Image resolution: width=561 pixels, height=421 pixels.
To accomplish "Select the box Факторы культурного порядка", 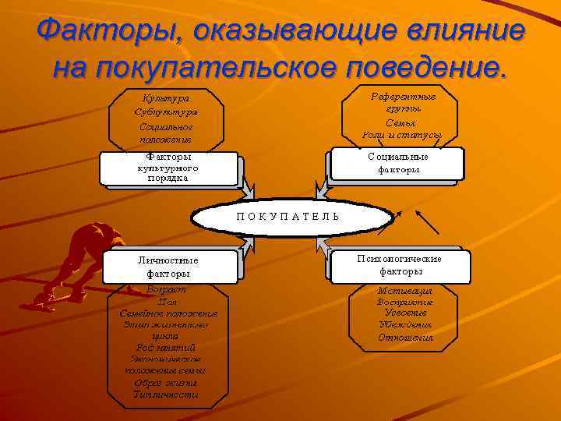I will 168,167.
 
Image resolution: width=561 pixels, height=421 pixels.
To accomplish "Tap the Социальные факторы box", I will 398,163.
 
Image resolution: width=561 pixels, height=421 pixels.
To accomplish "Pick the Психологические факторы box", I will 400,265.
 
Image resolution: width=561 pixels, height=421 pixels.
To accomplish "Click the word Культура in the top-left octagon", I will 165,98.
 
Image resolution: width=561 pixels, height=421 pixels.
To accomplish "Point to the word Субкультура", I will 165,111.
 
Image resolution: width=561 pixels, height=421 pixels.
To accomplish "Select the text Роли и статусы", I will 402,135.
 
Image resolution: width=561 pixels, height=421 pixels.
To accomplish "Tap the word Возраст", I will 167,289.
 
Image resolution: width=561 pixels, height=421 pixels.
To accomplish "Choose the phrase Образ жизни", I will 165,383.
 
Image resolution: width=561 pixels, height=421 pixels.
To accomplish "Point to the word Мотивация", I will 404,289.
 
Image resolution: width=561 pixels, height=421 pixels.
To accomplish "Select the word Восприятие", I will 404,301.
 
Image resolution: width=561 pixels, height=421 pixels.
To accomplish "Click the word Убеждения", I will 404,325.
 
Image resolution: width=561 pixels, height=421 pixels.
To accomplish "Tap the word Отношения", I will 404,338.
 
